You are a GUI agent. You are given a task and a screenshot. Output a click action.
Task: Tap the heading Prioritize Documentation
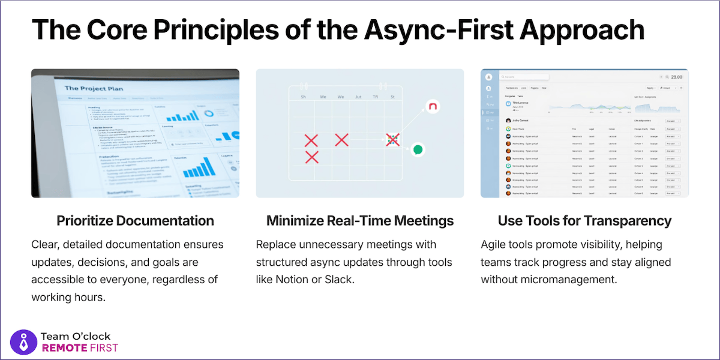coord(135,221)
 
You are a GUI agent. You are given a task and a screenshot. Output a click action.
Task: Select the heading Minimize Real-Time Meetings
coord(360,221)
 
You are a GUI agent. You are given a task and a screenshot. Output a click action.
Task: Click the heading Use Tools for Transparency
coord(584,221)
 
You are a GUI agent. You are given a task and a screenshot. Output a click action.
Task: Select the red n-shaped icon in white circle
coord(431,107)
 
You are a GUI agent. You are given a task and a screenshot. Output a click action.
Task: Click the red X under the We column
coord(341,140)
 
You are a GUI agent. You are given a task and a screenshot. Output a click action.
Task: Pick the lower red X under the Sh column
coord(311,157)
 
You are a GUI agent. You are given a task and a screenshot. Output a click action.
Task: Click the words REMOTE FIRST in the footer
coord(79,348)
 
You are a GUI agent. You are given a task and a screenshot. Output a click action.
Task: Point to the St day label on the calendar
coord(392,97)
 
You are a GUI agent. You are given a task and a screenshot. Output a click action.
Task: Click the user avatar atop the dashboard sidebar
coord(489,77)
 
